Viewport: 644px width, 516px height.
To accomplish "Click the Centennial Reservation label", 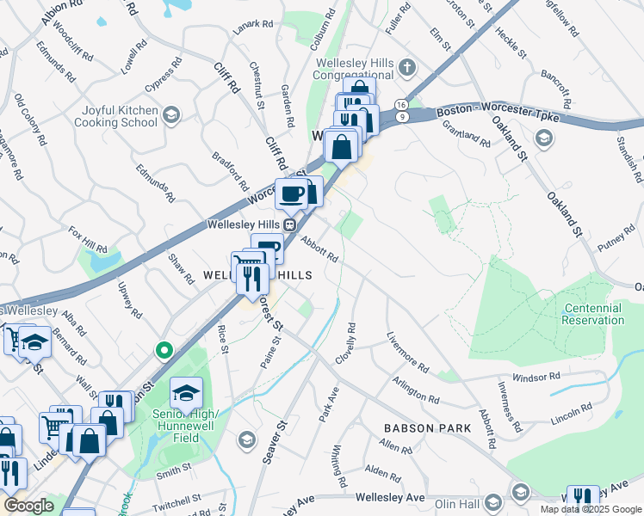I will click(x=592, y=314).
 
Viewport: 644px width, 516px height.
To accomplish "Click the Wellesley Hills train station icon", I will click(x=291, y=224).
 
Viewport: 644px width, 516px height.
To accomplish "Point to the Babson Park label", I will click(x=427, y=427).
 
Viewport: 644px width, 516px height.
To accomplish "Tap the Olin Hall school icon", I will click(x=493, y=501).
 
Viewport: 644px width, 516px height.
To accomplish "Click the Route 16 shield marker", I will click(x=401, y=104).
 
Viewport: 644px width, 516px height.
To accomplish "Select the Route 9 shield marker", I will click(x=401, y=116).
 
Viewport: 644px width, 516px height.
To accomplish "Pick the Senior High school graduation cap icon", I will click(x=186, y=394).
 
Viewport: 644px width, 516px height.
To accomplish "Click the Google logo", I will click(x=29, y=506).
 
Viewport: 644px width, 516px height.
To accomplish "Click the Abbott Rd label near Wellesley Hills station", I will click(x=319, y=249).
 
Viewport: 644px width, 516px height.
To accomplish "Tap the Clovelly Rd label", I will click(x=351, y=342).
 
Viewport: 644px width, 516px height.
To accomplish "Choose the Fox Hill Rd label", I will click(x=88, y=241).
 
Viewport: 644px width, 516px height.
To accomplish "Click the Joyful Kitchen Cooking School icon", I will click(x=171, y=114).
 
